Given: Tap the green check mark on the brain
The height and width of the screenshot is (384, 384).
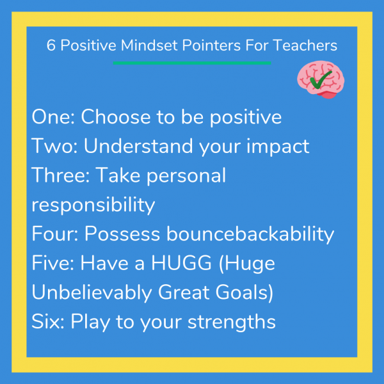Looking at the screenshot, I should point(323,79).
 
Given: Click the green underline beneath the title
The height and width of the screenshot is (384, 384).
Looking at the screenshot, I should point(192,63).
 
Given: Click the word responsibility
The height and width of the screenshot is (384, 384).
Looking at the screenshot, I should point(93,205).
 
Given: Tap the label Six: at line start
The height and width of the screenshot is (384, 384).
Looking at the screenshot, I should point(47,321).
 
